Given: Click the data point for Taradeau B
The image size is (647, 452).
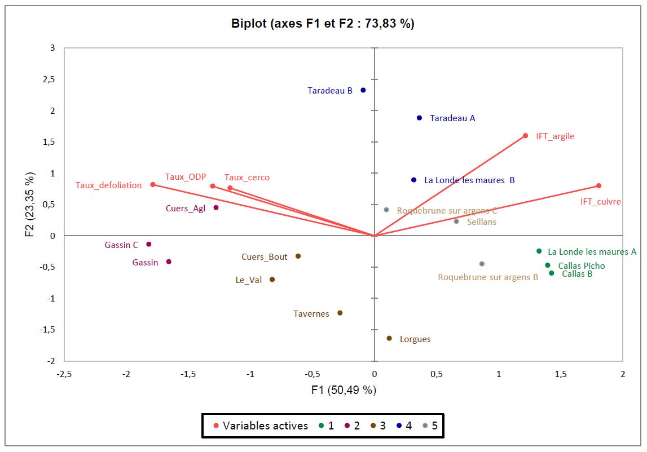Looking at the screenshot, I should coord(363,90).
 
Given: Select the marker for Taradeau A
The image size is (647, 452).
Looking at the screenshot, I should coord(419,118).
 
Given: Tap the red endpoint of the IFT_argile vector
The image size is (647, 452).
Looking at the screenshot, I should coord(525,136).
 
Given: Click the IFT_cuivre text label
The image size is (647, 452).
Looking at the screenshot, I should coord(600,202).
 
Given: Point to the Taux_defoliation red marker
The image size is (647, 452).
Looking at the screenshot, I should coord(153,185).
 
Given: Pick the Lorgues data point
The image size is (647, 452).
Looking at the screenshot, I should coord(389,338).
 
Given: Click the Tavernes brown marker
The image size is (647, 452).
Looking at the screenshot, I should coord(340,313).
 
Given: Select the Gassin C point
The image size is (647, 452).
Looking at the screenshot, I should coord(149,244).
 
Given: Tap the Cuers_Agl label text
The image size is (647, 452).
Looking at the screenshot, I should coord(185,209).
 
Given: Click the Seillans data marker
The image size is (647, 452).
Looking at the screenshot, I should coord(456,221).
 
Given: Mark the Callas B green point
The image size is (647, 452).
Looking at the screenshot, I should coord(551,273).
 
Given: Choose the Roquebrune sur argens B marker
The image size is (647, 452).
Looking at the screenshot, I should coord(482,264).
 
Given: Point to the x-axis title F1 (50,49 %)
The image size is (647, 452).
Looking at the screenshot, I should coord(343,390).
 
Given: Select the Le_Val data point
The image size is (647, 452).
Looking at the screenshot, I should coord(272,280).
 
